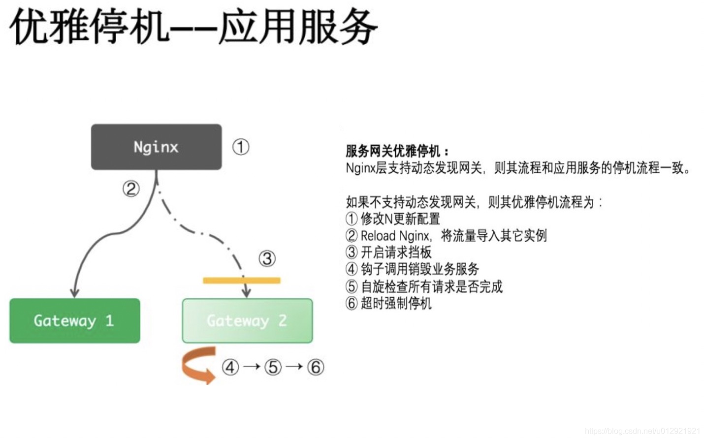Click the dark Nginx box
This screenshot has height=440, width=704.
(x=156, y=147)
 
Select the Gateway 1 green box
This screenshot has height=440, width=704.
(x=74, y=321)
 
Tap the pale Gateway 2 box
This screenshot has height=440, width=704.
(x=247, y=321)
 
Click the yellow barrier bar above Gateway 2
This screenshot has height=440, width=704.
(x=241, y=281)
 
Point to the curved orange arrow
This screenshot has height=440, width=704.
(x=198, y=366)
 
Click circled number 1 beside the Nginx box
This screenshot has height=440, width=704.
(x=241, y=147)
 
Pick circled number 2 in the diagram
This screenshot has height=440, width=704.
(x=131, y=189)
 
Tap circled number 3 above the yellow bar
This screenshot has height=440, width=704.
(x=267, y=258)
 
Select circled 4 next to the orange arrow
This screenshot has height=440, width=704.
(x=230, y=367)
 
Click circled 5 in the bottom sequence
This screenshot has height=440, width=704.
(x=273, y=367)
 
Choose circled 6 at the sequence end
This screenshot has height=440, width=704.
(x=315, y=367)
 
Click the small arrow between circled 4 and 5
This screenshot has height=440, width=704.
(x=252, y=367)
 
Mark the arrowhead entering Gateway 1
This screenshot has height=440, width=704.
(x=74, y=293)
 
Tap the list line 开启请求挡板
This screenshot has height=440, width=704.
(x=396, y=252)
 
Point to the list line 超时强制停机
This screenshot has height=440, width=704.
(x=396, y=303)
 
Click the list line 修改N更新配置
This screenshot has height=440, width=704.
(x=400, y=219)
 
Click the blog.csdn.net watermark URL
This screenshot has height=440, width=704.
(x=642, y=431)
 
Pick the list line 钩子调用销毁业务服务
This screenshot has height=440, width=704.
(x=419, y=269)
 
